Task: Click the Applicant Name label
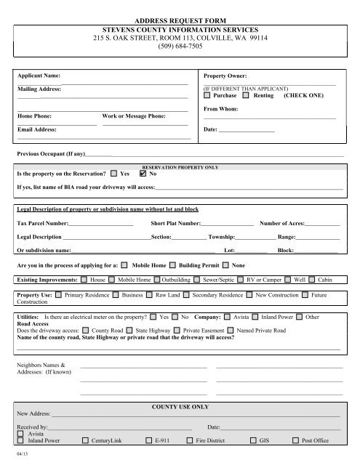click(x=39, y=75)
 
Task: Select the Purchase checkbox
click(x=208, y=95)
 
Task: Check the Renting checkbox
click(x=246, y=95)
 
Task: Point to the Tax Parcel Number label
click(x=42, y=223)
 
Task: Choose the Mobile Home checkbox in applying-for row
click(x=124, y=265)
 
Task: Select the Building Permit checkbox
click(x=172, y=265)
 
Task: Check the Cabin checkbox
click(x=311, y=279)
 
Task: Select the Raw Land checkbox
click(x=149, y=296)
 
